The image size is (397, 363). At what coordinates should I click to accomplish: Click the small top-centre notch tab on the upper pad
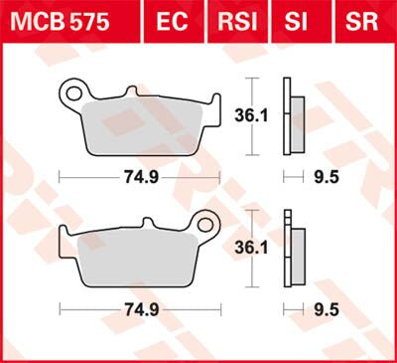click(x=129, y=93)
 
